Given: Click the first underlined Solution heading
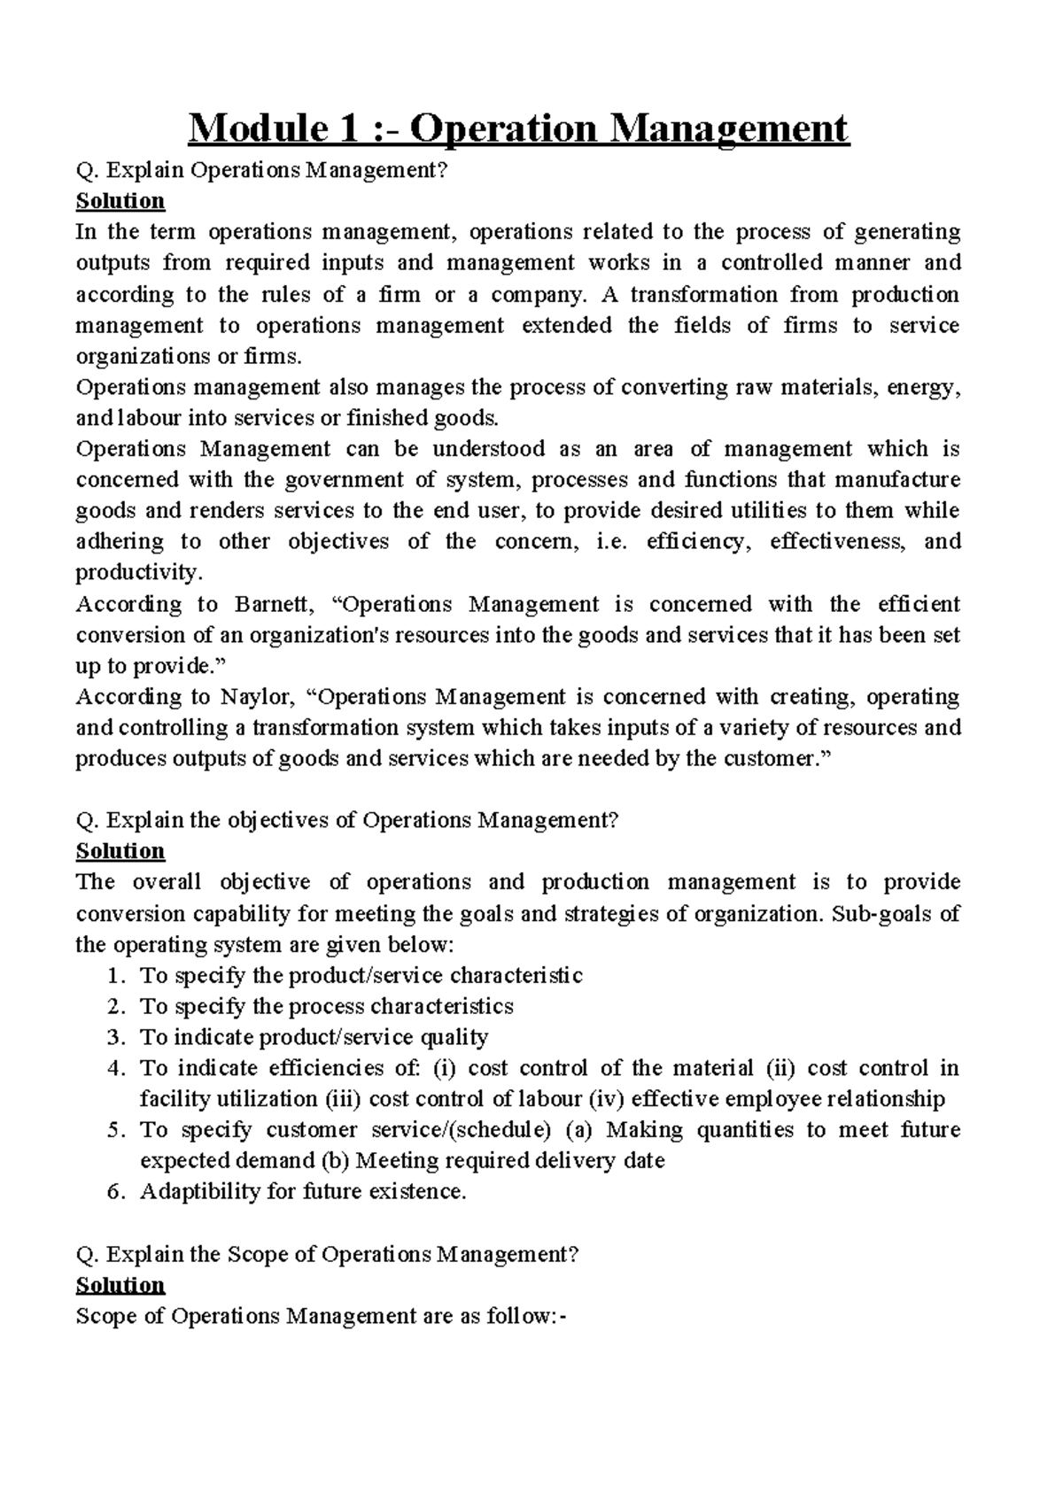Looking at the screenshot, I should (120, 201).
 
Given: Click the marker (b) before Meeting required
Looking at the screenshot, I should (334, 1161).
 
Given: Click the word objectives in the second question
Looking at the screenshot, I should (277, 820).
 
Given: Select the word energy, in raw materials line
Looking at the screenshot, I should (922, 388).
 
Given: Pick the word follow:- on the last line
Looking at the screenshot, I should (526, 1317).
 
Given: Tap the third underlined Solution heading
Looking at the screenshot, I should (120, 1285).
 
